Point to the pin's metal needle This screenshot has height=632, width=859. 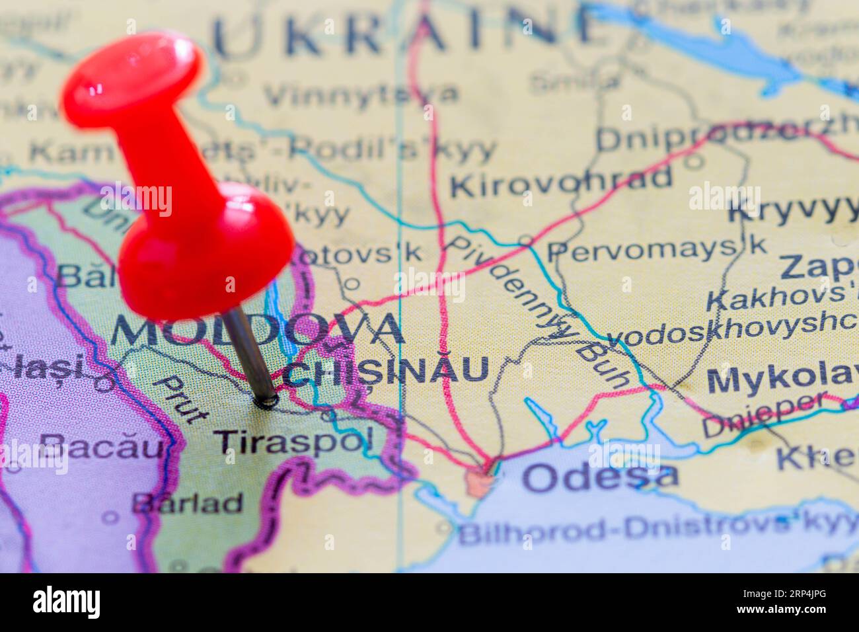click(249, 351)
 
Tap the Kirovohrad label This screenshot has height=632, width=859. click(561, 181)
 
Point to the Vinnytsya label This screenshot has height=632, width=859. click(361, 95)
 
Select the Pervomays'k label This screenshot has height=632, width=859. click(657, 249)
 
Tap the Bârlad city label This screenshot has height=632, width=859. click(188, 504)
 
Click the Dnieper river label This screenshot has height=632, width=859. click(764, 415)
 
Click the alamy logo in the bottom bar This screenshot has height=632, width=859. click(67, 602)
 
